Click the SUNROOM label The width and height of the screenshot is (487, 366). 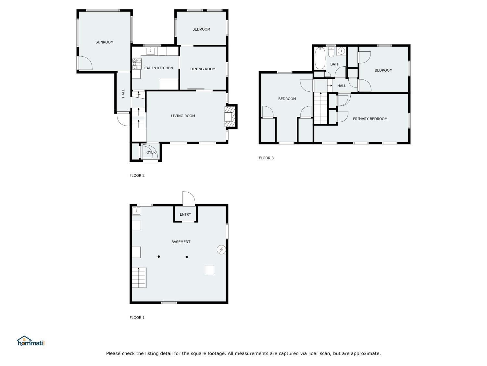coord(104,42)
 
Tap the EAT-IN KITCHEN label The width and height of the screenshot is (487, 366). coord(158,68)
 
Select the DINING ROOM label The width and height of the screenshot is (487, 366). coord(203,69)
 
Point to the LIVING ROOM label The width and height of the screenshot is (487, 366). coord(183,116)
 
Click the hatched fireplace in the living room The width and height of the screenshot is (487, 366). coord(230,117)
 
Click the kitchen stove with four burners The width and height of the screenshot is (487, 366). coord(137,64)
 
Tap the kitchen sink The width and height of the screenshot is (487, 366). coord(151,51)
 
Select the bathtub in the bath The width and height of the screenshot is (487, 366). coord(320,58)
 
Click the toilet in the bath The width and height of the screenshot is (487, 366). coord(331,52)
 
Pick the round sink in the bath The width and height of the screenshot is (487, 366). coord(341,51)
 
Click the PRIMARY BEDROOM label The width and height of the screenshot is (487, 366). coord(370,119)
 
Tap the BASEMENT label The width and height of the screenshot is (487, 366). coord(181,242)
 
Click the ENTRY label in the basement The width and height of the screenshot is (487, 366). coord(185,214)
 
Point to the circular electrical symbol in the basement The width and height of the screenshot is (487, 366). coord(221,250)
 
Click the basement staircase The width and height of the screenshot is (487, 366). coord(139,278)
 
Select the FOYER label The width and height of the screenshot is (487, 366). coord(150,153)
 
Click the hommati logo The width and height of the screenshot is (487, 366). coord(31,341)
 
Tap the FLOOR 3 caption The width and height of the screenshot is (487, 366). coord(266,158)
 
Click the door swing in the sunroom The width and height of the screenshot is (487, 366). coord(86,63)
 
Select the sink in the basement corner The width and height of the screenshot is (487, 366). coord(136,211)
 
